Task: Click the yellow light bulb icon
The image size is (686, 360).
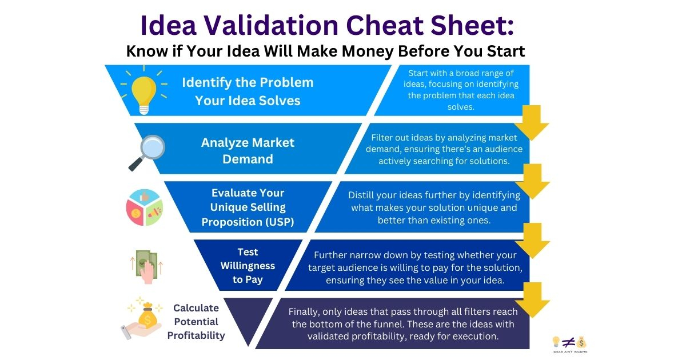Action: pos(143,90)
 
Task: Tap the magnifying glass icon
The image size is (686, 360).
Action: pos(147,152)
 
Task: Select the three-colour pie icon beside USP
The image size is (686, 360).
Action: pos(145,207)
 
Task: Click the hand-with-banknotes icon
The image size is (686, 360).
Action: pos(147,267)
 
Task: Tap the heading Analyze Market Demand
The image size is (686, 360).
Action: pos(248,151)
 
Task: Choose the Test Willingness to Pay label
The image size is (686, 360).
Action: pos(248,266)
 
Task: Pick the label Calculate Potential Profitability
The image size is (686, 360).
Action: pos(196,322)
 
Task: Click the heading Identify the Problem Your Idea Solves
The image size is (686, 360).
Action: pos(248,91)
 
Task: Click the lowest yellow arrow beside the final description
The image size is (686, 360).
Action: pos(532,299)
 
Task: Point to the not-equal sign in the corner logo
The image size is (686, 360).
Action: pos(569,342)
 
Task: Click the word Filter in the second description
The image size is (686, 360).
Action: pos(380,138)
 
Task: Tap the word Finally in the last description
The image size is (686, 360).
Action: pos(303,312)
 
